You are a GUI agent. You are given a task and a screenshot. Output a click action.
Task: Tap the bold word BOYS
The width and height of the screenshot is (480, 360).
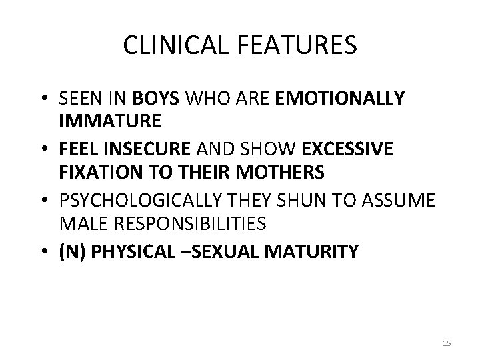pyautogui.click(x=155, y=99)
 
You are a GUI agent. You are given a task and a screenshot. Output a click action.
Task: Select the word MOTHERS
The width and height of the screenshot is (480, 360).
pyautogui.click(x=286, y=173)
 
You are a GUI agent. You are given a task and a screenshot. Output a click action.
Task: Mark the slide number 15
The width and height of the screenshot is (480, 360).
pyautogui.click(x=447, y=343)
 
